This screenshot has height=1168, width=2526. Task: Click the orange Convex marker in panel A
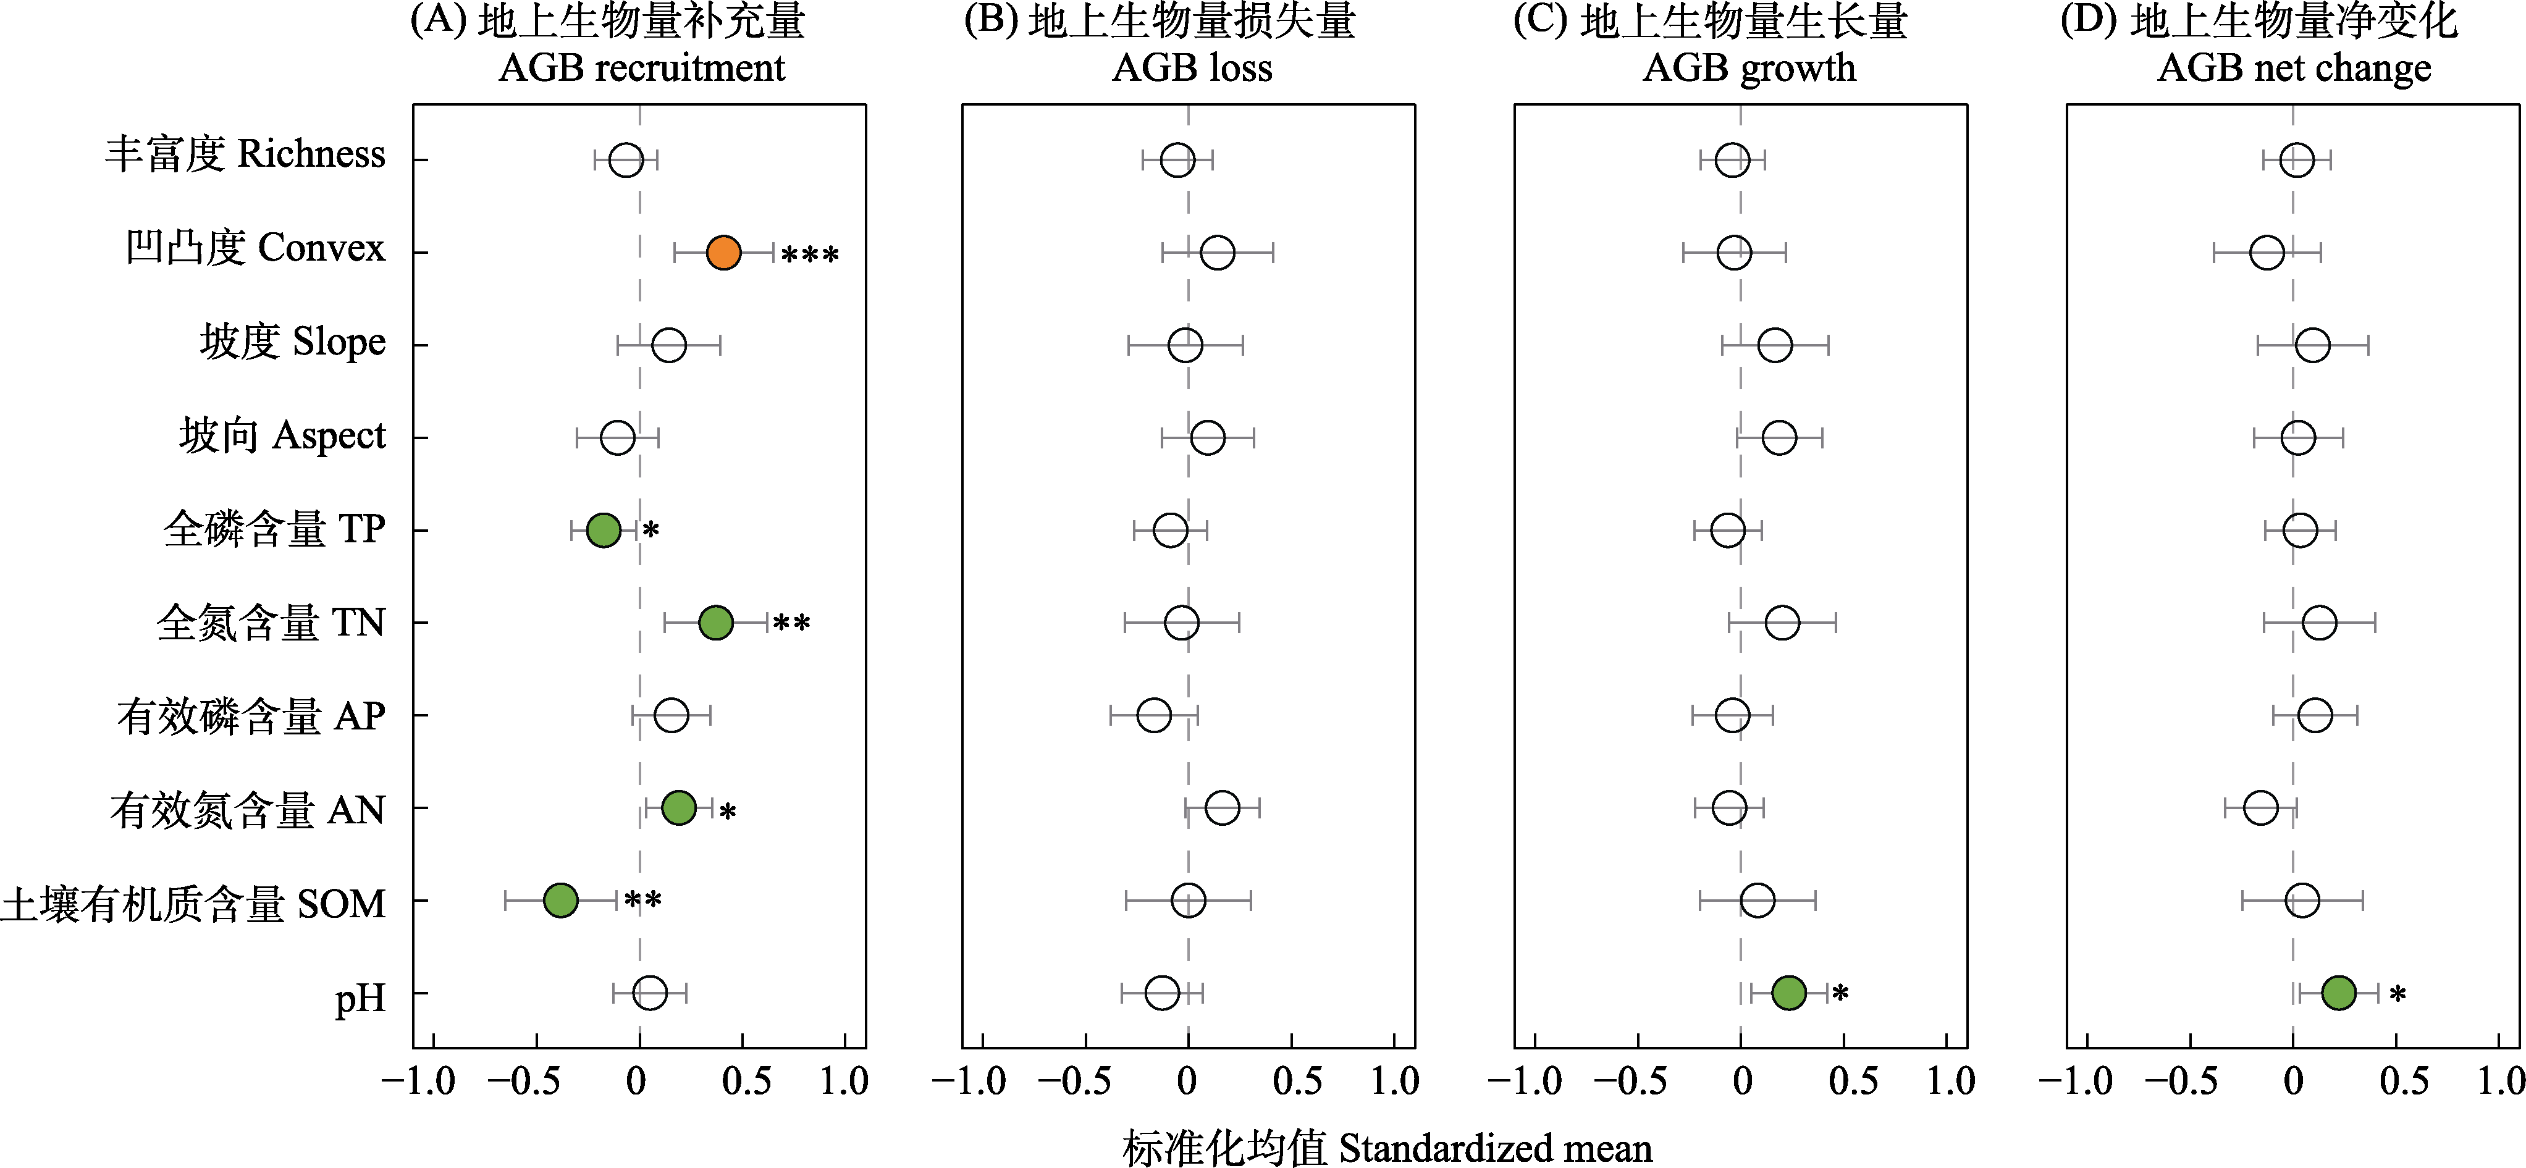pos(723,252)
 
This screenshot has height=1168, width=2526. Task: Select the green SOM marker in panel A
pos(560,899)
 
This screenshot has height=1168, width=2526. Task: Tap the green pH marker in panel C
pos(1788,993)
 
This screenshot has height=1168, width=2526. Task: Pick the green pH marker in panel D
pos(2339,993)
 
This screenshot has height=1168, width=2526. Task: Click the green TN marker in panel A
pos(716,622)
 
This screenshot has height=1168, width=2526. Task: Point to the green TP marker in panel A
pos(603,529)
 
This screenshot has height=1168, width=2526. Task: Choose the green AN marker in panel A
pos(678,808)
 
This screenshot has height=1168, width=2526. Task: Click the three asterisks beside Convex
pos(810,256)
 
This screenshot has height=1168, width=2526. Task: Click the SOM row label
pos(193,903)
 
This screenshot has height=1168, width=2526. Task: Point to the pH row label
pos(360,998)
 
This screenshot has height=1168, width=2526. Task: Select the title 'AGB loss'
pos(1192,69)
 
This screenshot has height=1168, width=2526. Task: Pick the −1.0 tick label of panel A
pos(419,1082)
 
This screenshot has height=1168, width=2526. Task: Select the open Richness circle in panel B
pos(1177,159)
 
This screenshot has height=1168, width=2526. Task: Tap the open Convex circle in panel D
pos(2266,252)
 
